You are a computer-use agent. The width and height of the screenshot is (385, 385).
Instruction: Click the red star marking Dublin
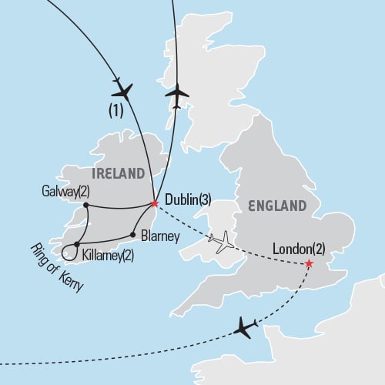pos(154,204)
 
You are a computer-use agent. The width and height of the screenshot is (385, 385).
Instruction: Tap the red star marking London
pos(309,264)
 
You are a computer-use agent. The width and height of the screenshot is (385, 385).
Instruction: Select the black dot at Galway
pos(85,206)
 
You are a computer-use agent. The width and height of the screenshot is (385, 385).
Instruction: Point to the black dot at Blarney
pos(133,235)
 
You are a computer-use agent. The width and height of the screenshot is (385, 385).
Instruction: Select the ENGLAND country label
pos(276,206)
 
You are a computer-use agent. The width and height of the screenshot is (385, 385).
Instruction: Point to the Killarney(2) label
pos(107,254)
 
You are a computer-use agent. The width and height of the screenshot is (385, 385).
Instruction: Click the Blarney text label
pos(159,237)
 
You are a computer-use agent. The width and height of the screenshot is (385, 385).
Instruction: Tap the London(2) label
pos(303,249)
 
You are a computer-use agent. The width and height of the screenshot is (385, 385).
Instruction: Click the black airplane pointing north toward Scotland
pos(176,95)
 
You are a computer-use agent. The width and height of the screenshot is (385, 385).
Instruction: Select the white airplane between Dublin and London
pos(220,242)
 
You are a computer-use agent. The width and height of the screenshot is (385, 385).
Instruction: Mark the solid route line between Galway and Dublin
pos(119,206)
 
